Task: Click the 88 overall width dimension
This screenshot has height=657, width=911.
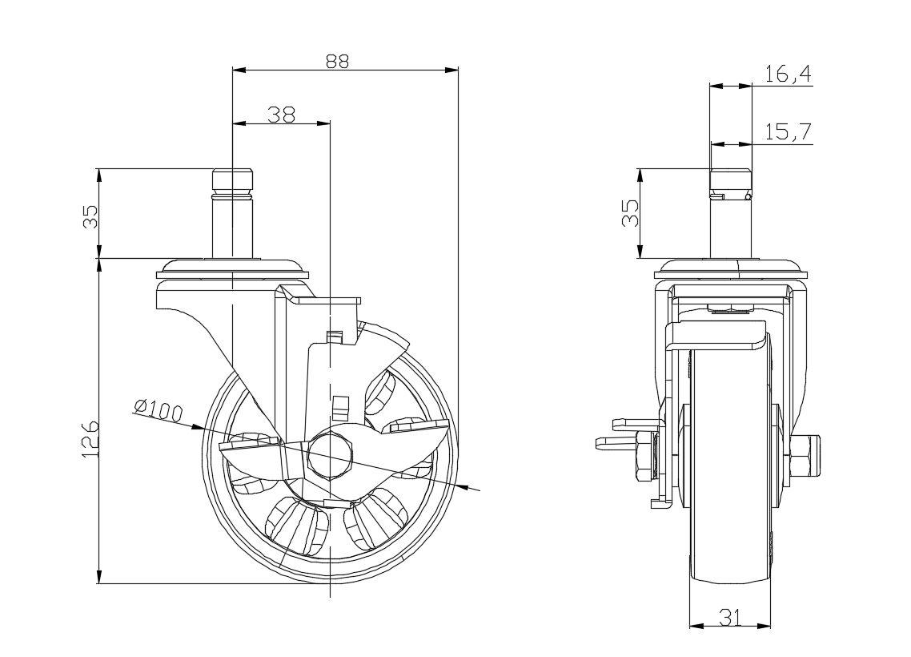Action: point(337,60)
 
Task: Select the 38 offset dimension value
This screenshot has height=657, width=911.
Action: point(281,115)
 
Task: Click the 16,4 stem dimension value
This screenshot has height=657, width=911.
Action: point(788,75)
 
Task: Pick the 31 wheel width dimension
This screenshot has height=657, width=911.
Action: point(729,616)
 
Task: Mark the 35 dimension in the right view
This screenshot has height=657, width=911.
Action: point(630,214)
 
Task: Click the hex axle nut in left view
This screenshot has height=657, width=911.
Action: point(330,452)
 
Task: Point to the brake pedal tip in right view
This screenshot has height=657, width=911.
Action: point(602,441)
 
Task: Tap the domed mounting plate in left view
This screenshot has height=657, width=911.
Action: point(233,267)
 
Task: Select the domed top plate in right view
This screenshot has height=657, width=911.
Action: point(730,268)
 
